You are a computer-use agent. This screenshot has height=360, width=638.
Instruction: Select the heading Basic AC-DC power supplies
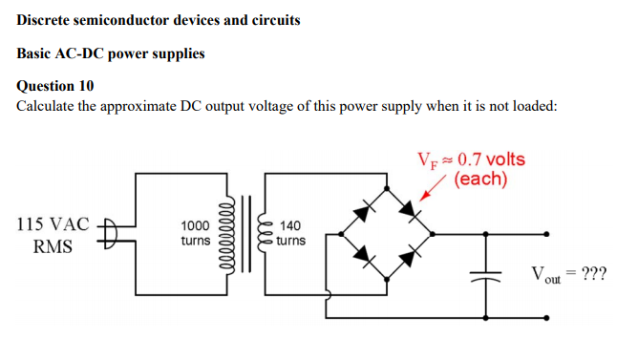pos(111,53)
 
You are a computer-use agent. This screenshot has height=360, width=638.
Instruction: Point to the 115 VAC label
pos(53,225)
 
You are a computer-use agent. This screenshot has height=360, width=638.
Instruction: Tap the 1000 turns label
pos(195,233)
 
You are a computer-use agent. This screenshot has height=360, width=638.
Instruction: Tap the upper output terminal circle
pos(548,232)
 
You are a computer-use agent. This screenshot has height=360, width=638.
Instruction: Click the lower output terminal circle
pos(548,314)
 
